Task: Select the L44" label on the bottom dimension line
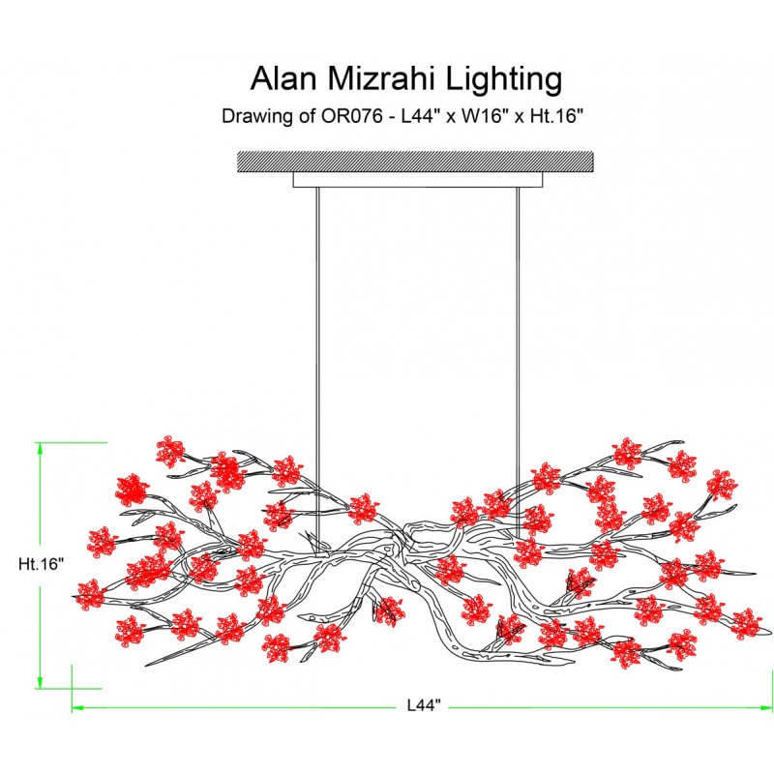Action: [418, 706]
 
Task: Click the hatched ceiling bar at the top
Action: [415, 162]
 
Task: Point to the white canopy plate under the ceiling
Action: [417, 180]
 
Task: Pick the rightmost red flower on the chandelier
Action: [744, 623]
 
